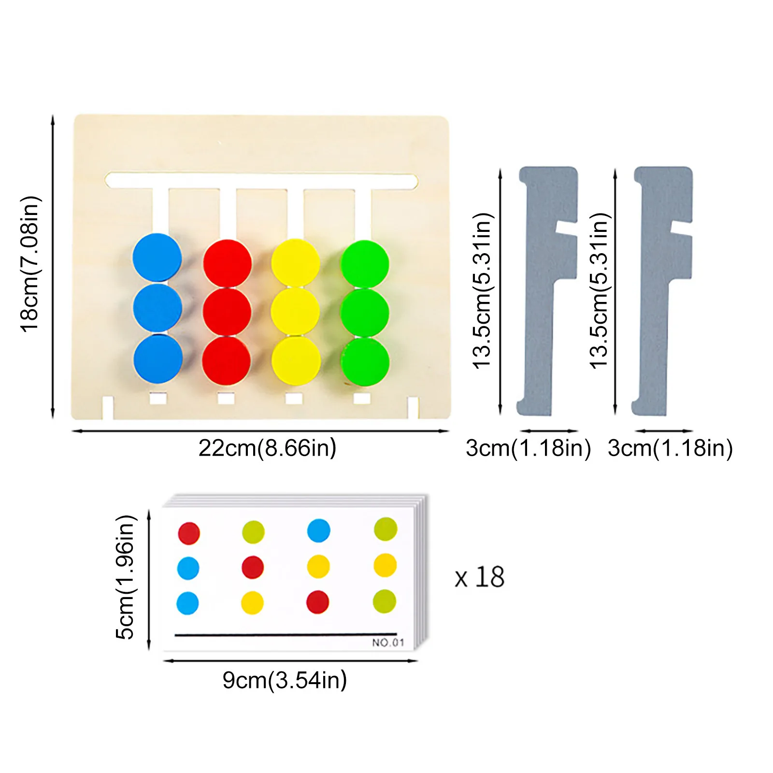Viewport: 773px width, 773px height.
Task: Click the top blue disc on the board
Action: [157, 257]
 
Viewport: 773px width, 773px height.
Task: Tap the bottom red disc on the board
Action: [227, 361]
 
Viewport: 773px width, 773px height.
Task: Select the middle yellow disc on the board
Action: [295, 311]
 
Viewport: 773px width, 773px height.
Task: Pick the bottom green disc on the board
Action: [365, 362]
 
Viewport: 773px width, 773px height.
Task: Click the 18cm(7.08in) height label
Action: [30, 264]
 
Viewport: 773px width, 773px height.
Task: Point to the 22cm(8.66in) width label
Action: [267, 448]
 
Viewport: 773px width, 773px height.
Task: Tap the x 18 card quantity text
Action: [480, 577]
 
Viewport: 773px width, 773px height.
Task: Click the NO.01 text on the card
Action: [388, 643]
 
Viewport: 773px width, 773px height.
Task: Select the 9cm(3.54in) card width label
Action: [285, 680]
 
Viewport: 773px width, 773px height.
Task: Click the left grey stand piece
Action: [547, 291]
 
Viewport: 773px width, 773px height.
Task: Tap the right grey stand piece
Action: [662, 291]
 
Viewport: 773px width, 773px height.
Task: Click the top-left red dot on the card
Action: [189, 533]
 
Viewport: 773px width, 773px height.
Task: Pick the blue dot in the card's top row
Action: [319, 530]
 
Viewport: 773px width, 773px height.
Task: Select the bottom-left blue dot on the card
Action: [187, 603]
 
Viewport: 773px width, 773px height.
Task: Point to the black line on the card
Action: [286, 634]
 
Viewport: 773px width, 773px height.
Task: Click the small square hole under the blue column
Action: [158, 399]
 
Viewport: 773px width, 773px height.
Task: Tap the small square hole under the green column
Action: [362, 399]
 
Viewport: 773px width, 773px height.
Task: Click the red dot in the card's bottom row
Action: [318, 602]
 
